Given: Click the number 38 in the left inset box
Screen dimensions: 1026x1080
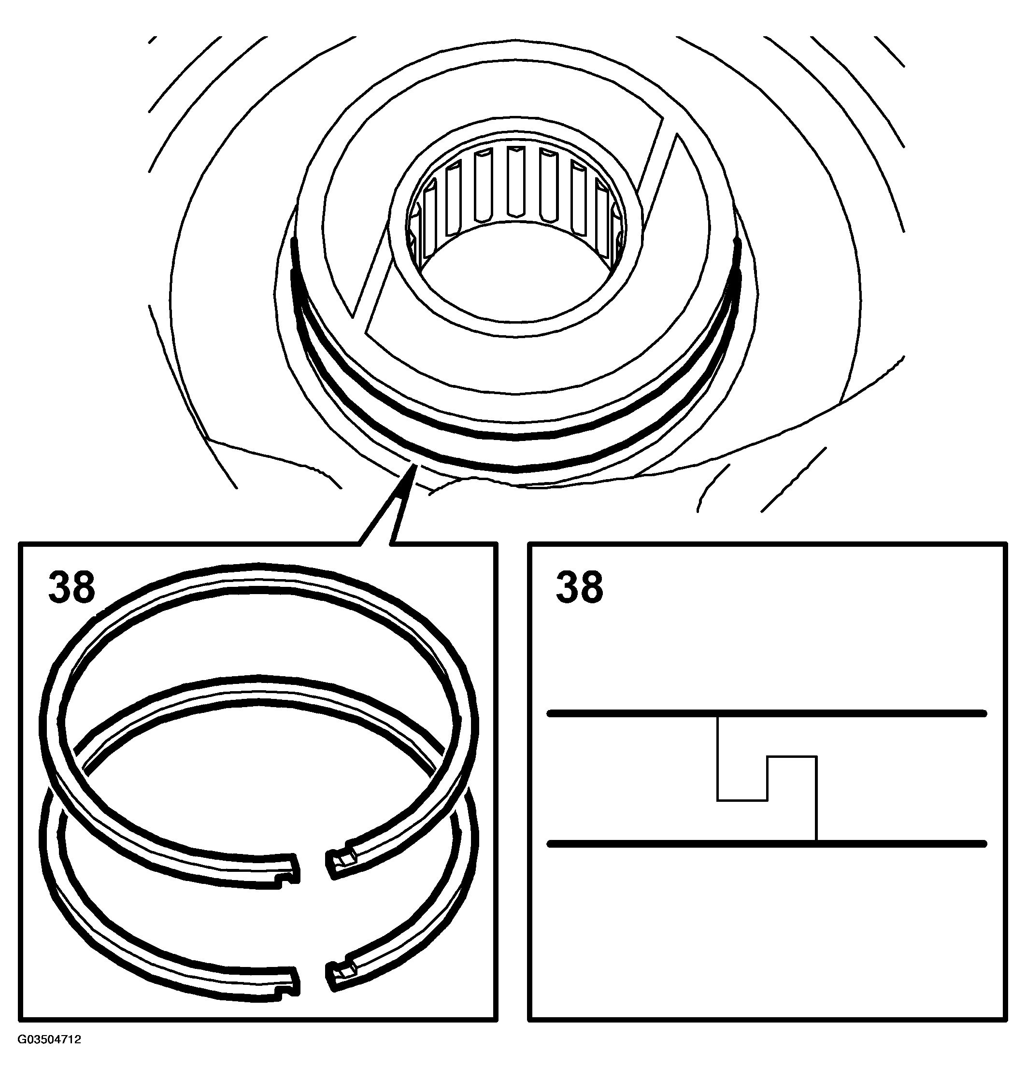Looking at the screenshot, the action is (x=71, y=587).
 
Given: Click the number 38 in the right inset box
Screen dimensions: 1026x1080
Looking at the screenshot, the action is (x=580, y=587).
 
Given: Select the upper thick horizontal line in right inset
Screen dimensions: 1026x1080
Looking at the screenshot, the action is (x=767, y=713).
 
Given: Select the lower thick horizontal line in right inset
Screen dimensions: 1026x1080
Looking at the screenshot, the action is (x=767, y=844).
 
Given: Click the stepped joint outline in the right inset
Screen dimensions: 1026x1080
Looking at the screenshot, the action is (x=767, y=779).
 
